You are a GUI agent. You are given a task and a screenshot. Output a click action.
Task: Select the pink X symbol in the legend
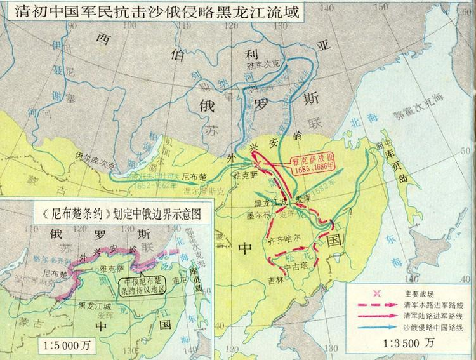coord(376,293)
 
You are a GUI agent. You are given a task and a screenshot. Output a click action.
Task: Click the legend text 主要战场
coord(418,293)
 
